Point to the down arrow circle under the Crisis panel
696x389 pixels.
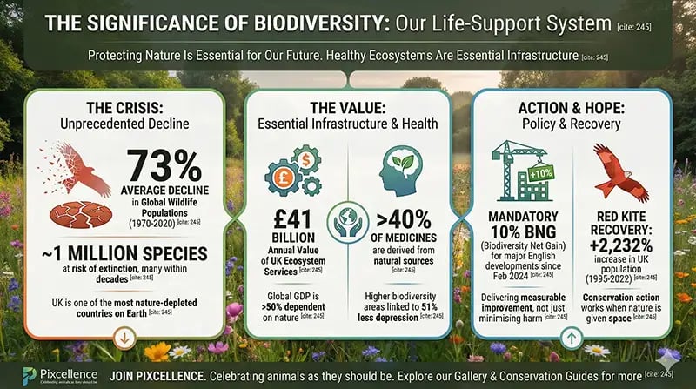click(124, 336)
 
